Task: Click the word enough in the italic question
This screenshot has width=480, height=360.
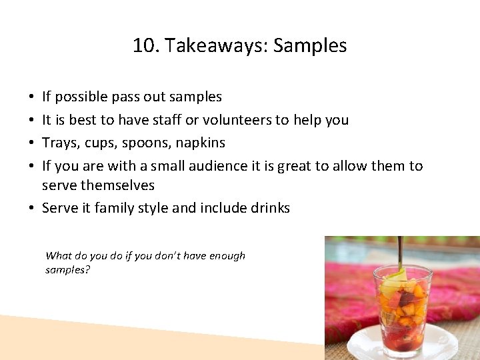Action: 224,255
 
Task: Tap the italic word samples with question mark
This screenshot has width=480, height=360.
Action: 67,270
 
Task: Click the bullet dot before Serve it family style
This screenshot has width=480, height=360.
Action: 31,208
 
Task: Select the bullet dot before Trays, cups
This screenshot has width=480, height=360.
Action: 31,143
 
